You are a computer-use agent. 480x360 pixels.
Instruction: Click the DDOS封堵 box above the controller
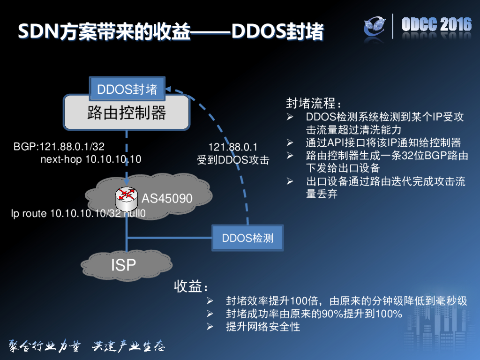(127, 89)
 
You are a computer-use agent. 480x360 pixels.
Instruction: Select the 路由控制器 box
(127, 112)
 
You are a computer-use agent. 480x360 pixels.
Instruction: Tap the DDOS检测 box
(247, 238)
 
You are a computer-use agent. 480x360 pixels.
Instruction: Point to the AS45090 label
(167, 199)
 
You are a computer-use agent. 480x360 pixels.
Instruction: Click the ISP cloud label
(123, 265)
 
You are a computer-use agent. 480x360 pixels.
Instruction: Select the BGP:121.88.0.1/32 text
(59, 147)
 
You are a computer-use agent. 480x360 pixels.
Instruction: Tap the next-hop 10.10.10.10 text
(91, 159)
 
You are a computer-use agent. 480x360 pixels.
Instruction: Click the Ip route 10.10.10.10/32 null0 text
(78, 214)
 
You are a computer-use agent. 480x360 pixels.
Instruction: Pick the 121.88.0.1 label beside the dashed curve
(233, 147)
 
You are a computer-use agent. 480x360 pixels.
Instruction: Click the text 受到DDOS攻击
(233, 160)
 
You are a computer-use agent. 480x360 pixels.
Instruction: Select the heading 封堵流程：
(314, 103)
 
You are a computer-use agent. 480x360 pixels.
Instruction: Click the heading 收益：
(191, 286)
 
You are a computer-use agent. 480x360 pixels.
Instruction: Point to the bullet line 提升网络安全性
(262, 327)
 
